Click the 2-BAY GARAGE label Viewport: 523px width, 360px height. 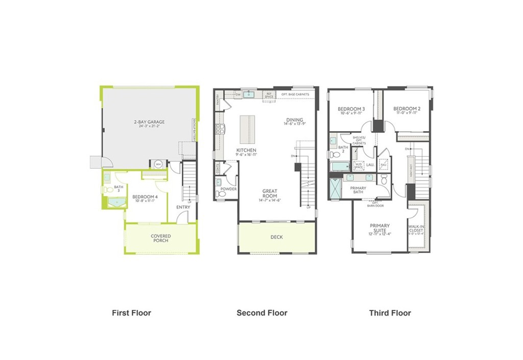point(150,122)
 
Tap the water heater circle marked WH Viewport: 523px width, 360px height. point(158,164)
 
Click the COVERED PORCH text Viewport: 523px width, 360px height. point(160,238)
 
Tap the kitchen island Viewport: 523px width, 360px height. point(247,130)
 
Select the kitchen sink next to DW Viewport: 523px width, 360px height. point(249,94)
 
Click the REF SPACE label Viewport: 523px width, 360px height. point(269,95)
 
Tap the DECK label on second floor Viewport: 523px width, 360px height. point(276,237)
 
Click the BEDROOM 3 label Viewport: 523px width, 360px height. point(351,109)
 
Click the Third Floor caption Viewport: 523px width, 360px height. point(390,313)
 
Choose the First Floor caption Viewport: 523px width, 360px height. point(131,313)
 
